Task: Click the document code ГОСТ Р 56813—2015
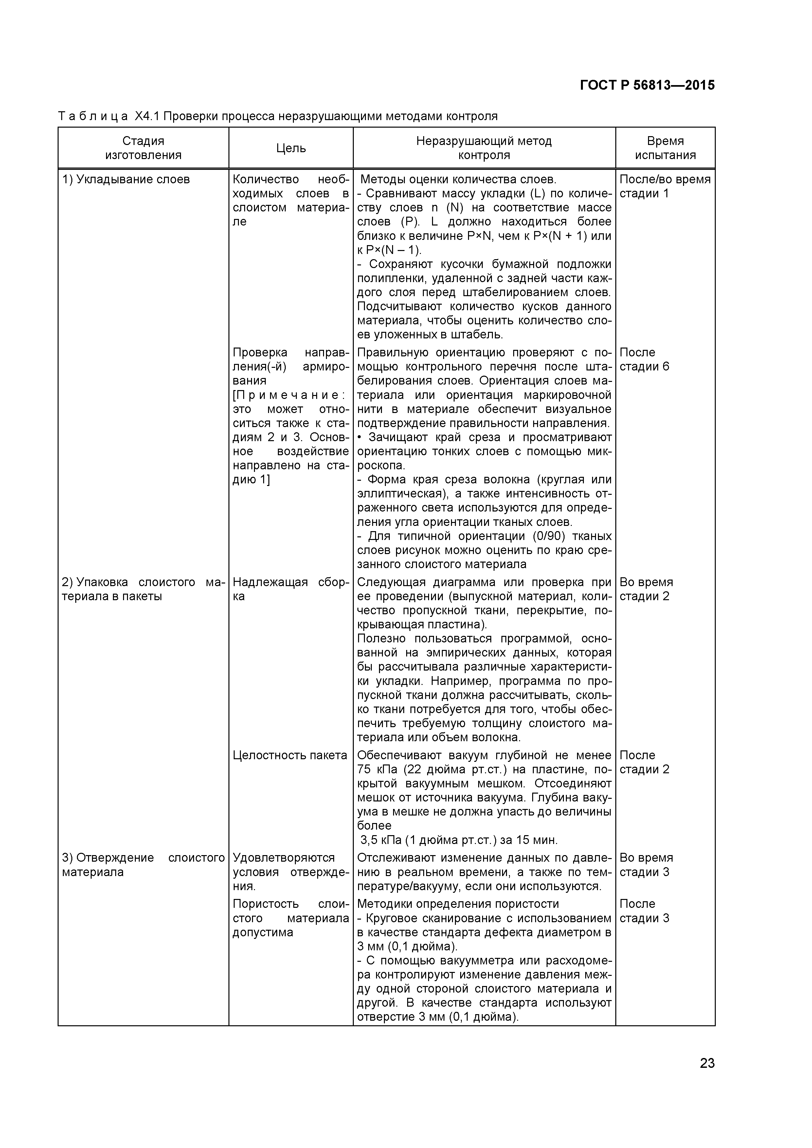tap(647, 85)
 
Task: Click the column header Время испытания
tap(665, 148)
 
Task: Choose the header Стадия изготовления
tap(143, 148)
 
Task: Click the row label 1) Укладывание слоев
tap(126, 180)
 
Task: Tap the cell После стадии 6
tap(644, 360)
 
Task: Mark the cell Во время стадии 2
tap(646, 589)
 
